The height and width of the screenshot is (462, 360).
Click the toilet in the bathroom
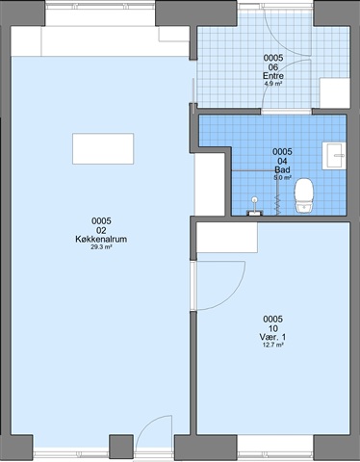(x=304, y=195)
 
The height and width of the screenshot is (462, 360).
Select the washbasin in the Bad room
(x=334, y=156)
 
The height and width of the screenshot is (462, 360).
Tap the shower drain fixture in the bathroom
(x=255, y=207)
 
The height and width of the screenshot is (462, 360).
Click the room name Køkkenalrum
(x=101, y=239)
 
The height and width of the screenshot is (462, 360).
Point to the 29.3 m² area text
(x=101, y=247)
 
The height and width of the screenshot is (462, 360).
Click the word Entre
(x=273, y=76)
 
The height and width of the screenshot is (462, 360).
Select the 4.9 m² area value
(x=273, y=84)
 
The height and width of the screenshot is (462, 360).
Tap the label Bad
(x=282, y=169)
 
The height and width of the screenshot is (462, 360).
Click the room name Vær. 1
(x=272, y=337)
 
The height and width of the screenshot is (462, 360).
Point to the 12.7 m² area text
(x=272, y=346)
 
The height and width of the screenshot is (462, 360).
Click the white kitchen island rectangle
(x=103, y=149)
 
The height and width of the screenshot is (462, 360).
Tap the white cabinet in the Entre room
(x=334, y=93)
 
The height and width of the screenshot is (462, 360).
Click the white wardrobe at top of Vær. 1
(x=227, y=238)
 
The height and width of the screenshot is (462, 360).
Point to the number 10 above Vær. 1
(x=273, y=328)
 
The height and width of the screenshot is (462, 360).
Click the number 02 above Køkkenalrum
(x=101, y=230)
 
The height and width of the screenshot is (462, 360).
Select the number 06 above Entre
(x=273, y=67)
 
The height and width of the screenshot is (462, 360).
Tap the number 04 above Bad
(x=282, y=161)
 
